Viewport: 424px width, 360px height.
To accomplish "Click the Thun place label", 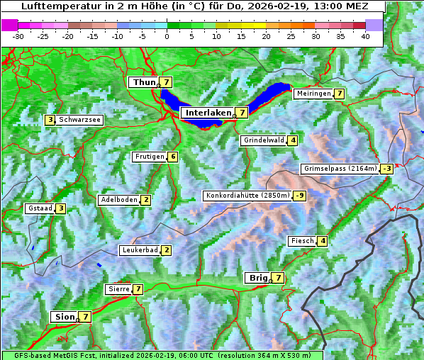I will click(x=144, y=83).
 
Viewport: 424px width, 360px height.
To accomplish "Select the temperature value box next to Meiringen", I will click(x=340, y=94).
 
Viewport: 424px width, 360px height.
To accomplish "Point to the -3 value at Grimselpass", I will click(x=386, y=169).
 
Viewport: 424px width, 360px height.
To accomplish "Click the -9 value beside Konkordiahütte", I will click(x=300, y=196).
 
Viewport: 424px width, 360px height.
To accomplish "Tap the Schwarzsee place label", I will click(x=79, y=120).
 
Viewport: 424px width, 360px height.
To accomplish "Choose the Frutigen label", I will click(x=150, y=157).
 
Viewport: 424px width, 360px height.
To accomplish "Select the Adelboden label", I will click(x=118, y=200).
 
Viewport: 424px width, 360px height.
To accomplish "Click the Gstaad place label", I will click(x=40, y=208).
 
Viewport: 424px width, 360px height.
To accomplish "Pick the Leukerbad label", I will click(x=139, y=250).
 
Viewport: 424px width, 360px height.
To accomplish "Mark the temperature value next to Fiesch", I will click(x=323, y=241).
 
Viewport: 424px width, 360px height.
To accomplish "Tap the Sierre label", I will click(x=118, y=289).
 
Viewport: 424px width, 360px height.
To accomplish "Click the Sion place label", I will click(x=63, y=317).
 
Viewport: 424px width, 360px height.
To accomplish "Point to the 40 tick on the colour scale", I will click(x=365, y=35).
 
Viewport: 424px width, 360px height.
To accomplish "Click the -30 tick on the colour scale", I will click(x=18, y=35).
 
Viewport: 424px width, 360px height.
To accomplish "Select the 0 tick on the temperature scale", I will click(x=167, y=35).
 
